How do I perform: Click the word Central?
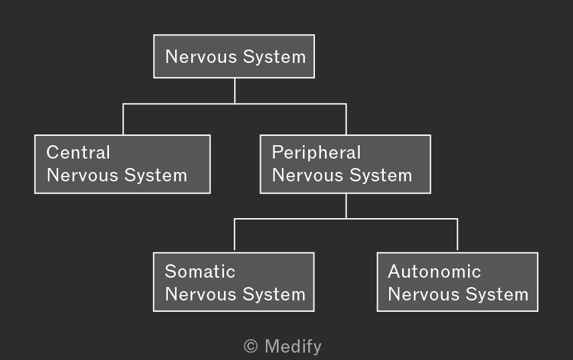78,152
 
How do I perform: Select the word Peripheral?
316,153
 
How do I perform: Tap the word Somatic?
200,272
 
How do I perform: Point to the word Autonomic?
435,272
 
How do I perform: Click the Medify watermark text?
293,347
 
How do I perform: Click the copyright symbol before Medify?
251,346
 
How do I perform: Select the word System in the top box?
274,57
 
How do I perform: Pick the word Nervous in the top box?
201,57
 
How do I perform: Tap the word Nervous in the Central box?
82,175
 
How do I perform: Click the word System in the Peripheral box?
381,175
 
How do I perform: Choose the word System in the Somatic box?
274,294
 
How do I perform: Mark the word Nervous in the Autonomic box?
423,294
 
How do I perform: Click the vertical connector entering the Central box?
123,119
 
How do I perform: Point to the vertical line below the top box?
235,91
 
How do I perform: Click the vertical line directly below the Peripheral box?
346,206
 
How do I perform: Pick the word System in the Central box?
156,175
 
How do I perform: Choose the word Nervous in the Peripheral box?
308,175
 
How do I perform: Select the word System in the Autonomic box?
497,294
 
